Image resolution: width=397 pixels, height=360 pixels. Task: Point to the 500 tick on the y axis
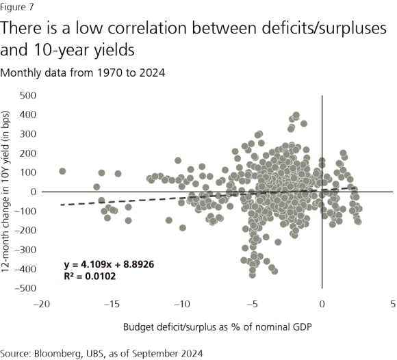[27, 94]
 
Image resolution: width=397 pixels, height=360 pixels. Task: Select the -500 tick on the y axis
[25, 287]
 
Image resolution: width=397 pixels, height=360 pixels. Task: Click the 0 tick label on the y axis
[31, 191]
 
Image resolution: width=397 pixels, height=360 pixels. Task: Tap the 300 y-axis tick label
[27, 133]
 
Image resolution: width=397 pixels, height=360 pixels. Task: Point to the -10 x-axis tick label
[181, 303]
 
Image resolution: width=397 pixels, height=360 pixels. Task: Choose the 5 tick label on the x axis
[392, 303]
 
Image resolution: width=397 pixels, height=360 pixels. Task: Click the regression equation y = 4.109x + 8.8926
[104, 263]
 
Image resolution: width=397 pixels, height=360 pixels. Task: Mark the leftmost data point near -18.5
[62, 171]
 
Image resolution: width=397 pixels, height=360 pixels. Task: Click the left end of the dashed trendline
[61, 205]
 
